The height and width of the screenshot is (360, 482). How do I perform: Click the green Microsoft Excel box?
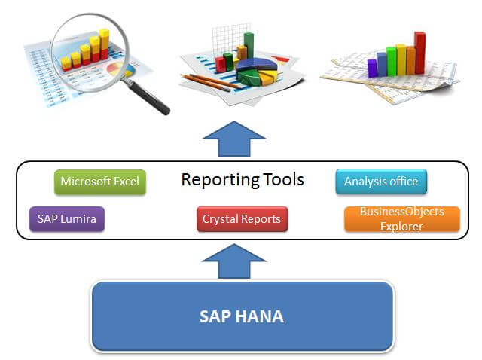100,182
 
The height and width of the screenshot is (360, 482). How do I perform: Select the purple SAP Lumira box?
67,219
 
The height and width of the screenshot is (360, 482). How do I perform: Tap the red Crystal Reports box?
243,219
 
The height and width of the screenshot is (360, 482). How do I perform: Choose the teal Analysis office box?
381,182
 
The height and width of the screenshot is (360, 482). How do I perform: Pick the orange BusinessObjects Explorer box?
402,219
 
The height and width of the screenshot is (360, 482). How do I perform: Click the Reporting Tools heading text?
243,180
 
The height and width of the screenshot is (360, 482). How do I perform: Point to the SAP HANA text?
242,316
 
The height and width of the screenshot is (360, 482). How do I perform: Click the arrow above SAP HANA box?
234,261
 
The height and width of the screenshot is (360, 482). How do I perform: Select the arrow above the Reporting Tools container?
234,139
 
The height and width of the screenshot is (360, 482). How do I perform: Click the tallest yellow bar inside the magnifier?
104,44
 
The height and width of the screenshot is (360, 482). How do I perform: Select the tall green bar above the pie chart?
249,45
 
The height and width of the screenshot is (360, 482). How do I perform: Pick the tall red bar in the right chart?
419,53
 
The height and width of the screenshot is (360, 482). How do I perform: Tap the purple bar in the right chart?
372,68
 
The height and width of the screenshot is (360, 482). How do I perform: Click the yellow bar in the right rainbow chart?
401,59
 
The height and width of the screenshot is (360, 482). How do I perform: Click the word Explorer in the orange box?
401,227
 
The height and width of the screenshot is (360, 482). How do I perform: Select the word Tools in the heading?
284,179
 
